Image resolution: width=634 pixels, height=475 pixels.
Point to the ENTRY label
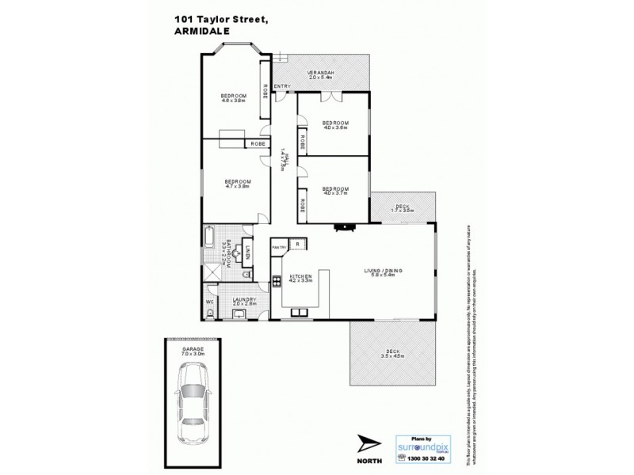pyautogui.click(x=281, y=86)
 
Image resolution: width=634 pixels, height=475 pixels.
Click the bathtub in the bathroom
pyautogui.click(x=208, y=236)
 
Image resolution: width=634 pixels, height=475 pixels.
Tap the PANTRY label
pyautogui.click(x=278, y=247)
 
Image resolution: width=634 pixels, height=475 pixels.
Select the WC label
pyautogui.click(x=209, y=302)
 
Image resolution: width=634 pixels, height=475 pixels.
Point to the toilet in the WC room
pyautogui.click(x=208, y=314)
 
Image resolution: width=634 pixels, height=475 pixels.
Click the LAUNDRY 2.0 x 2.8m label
pyautogui.click(x=244, y=302)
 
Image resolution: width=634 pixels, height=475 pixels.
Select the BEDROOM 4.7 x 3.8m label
pyautogui.click(x=238, y=184)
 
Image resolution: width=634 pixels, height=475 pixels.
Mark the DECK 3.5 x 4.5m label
pyautogui.click(x=393, y=355)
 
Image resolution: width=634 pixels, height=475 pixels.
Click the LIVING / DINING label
pyautogui.click(x=384, y=273)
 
